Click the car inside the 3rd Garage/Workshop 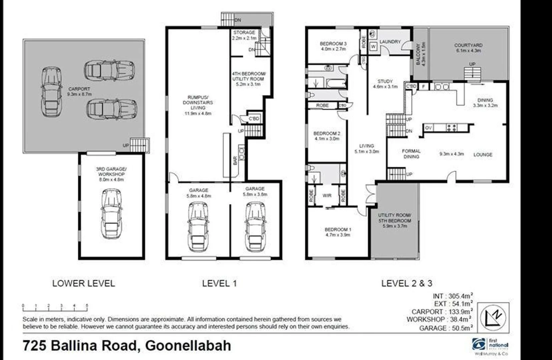[x=112, y=213]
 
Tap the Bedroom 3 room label [x=333, y=44]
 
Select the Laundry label [x=390, y=42]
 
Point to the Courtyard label [x=468, y=45]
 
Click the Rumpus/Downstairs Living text [x=198, y=103]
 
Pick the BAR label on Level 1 [x=235, y=161]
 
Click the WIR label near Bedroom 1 [x=327, y=196]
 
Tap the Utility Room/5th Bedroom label [x=395, y=218]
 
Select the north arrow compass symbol [x=493, y=317]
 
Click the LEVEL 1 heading [x=219, y=283]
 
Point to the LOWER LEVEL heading [x=83, y=283]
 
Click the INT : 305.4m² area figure [x=453, y=296]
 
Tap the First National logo [x=490, y=346]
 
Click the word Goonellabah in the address [x=188, y=345]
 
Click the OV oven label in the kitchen [x=428, y=128]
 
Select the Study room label [x=385, y=81]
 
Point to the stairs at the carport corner [x=139, y=145]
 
